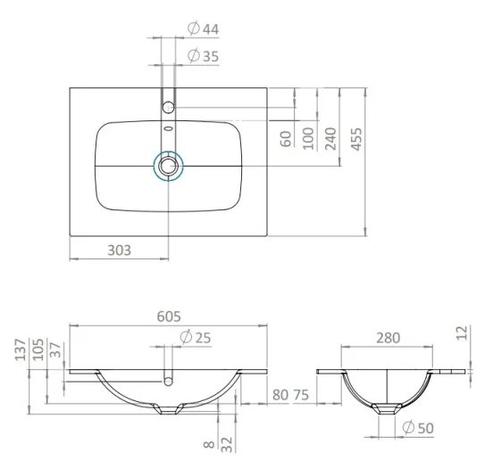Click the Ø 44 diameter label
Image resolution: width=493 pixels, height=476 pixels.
pyautogui.click(x=204, y=29)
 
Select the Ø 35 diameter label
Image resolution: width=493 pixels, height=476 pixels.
pyautogui.click(x=204, y=57)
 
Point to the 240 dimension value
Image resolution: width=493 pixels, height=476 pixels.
pyautogui.click(x=330, y=139)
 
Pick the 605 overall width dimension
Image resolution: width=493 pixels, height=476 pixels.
pyautogui.click(x=170, y=316)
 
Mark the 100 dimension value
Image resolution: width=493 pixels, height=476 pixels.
pyautogui.click(x=308, y=139)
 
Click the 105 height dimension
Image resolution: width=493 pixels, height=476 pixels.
pyautogui.click(x=37, y=350)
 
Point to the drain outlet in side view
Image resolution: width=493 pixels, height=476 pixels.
pyautogui.click(x=386, y=409)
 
